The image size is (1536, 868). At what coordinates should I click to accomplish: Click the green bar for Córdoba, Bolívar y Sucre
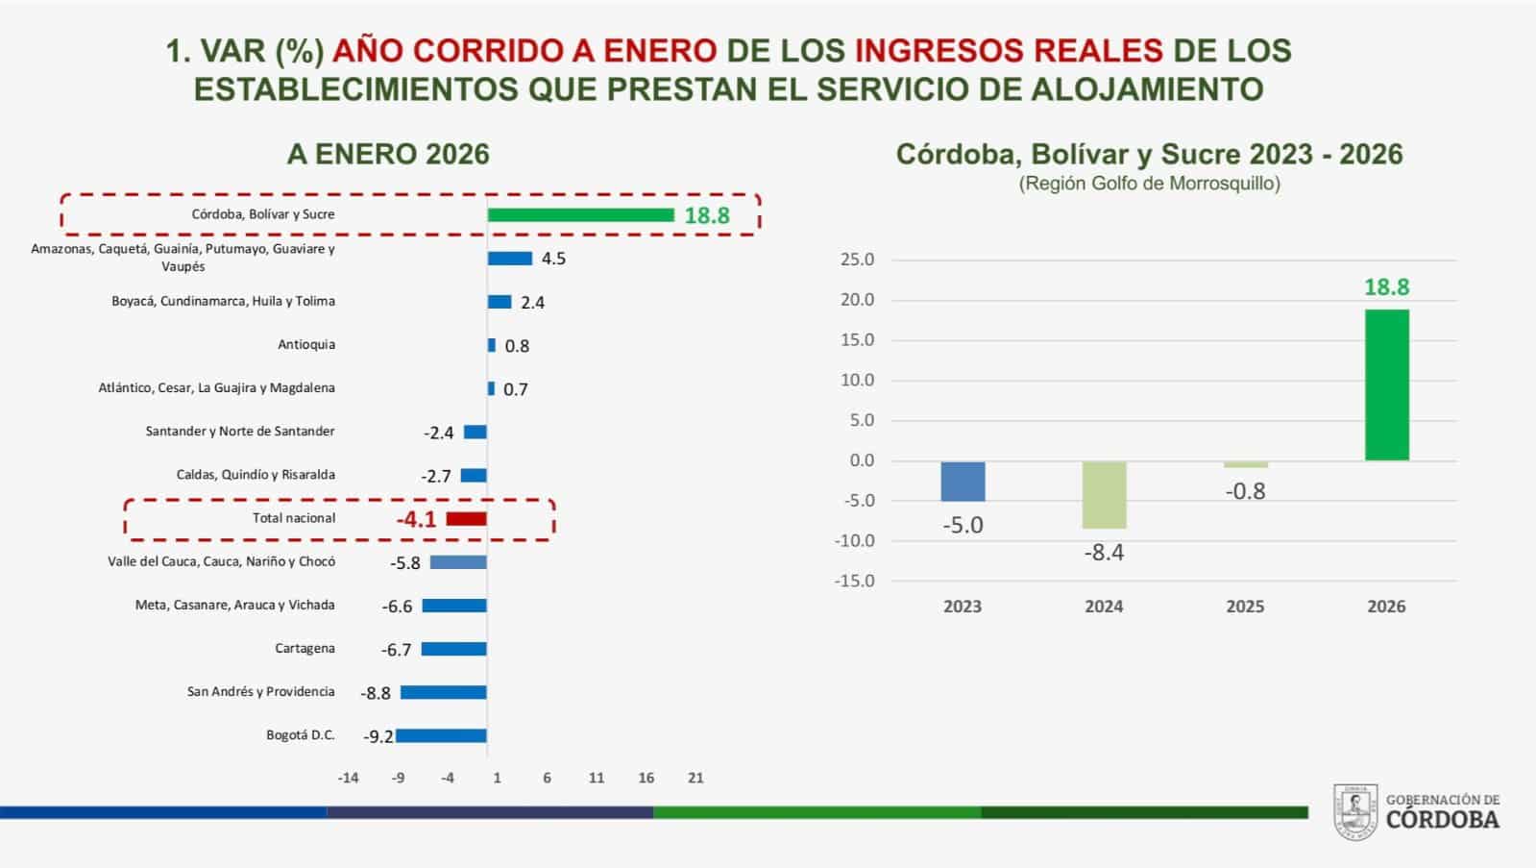click(581, 214)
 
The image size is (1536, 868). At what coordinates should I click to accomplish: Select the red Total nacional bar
click(466, 519)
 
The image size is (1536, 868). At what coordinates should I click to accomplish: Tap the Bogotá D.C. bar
click(441, 735)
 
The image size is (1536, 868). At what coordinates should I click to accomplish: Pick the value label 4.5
click(553, 259)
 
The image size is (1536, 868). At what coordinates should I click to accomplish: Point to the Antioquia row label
click(306, 344)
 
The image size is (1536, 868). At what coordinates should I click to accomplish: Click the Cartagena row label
click(305, 649)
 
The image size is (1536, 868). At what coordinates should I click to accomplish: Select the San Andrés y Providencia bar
click(444, 692)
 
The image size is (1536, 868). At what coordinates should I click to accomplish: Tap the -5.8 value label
click(405, 563)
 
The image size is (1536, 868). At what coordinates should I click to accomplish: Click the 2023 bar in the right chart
click(963, 481)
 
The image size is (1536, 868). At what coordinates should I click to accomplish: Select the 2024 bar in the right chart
click(1104, 495)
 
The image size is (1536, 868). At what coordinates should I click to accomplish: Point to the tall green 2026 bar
click(1386, 384)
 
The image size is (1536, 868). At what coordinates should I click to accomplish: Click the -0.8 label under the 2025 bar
click(1245, 491)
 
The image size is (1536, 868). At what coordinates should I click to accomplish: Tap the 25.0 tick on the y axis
click(857, 260)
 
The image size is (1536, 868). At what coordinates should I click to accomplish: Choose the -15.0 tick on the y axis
click(854, 582)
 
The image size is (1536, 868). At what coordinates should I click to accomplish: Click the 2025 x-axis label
click(1245, 607)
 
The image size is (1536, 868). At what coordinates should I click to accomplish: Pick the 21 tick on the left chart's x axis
click(695, 778)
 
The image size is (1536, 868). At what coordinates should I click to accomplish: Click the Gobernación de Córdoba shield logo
click(1355, 811)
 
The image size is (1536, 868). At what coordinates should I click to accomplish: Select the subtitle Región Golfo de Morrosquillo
click(1149, 184)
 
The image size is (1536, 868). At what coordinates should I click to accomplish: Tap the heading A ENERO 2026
click(388, 155)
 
